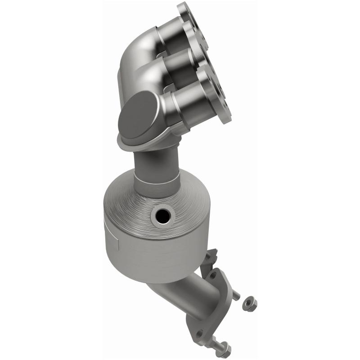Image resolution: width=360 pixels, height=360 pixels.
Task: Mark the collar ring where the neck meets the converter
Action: click(155, 184)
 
